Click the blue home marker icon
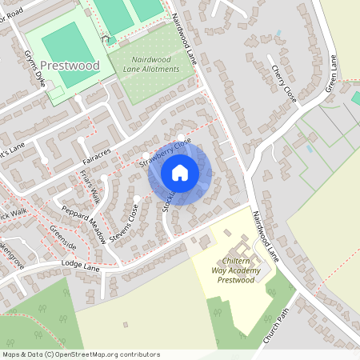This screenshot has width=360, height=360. (x=180, y=172)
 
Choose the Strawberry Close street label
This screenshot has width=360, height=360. (x=166, y=152)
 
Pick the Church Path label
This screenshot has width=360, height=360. (x=274, y=329)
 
